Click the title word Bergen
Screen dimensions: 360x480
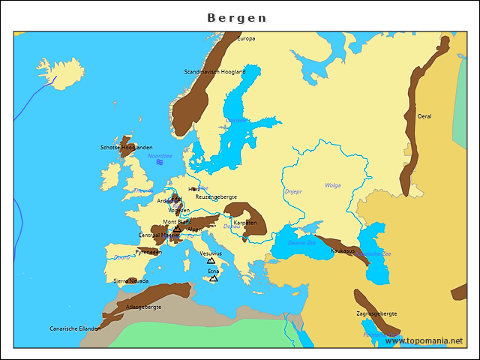point(236,17)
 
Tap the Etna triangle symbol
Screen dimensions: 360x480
point(214,278)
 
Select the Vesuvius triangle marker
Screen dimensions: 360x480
point(211,261)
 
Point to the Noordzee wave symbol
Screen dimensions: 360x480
point(160,162)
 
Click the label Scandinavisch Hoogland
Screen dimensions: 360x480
point(214,72)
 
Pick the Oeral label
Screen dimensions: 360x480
point(424,116)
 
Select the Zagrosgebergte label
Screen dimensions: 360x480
point(376,313)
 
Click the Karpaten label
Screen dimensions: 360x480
point(245,223)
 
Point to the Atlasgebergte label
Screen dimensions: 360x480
point(143,307)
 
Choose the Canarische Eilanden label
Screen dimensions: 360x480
point(75,328)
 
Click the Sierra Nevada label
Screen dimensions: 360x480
point(130,280)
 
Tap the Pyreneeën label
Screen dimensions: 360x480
point(148,252)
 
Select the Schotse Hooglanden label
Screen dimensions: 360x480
point(126,148)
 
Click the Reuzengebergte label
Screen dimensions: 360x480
point(216,196)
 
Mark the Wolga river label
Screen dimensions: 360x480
point(332,185)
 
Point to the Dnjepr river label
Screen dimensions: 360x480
point(293,191)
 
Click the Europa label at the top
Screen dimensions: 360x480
point(246,38)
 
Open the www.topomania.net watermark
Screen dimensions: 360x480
point(424,340)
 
